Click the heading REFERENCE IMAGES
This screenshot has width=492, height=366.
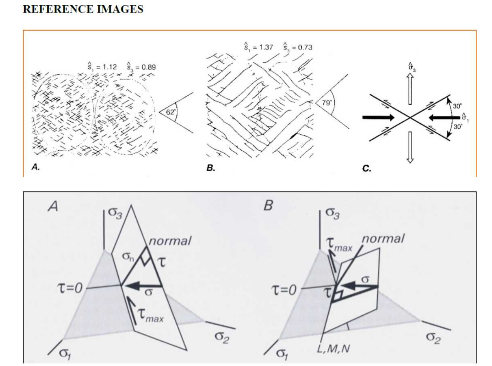83,9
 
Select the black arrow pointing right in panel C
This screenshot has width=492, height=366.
378,118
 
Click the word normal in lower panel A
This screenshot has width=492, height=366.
169,241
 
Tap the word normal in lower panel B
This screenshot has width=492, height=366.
383,239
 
